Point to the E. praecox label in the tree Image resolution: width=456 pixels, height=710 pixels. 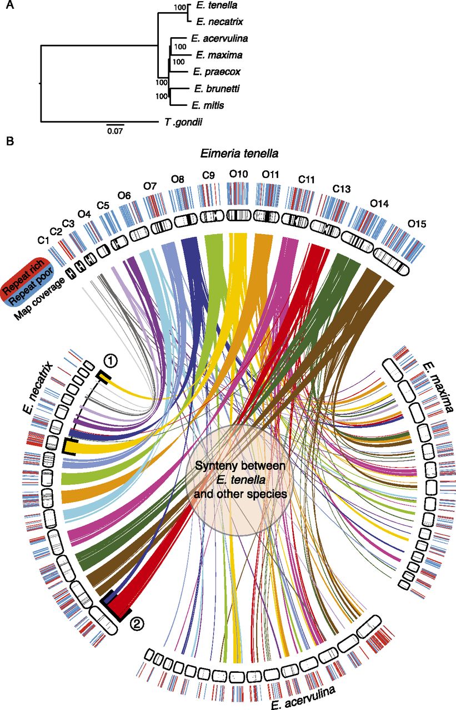pyautogui.click(x=213, y=72)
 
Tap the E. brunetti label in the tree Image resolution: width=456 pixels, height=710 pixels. pyautogui.click(x=214, y=88)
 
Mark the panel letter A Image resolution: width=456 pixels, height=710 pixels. pyautogui.click(x=9, y=6)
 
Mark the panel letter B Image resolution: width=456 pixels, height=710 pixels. pyautogui.click(x=9, y=141)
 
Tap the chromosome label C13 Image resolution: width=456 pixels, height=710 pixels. pyautogui.click(x=342, y=189)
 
